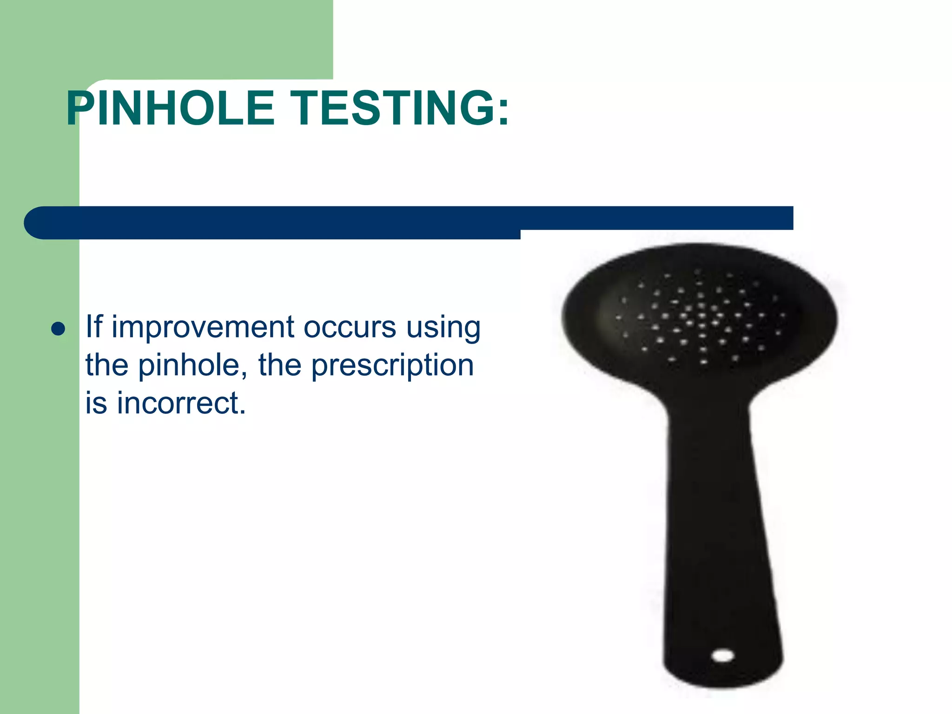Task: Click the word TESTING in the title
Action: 391,108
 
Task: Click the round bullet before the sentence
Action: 58,329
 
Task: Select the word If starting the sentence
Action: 94,326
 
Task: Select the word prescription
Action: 392,366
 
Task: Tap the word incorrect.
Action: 181,403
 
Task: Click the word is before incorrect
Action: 96,403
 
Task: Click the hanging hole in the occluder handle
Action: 723,656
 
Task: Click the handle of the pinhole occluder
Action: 718,535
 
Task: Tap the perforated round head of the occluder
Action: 700,316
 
